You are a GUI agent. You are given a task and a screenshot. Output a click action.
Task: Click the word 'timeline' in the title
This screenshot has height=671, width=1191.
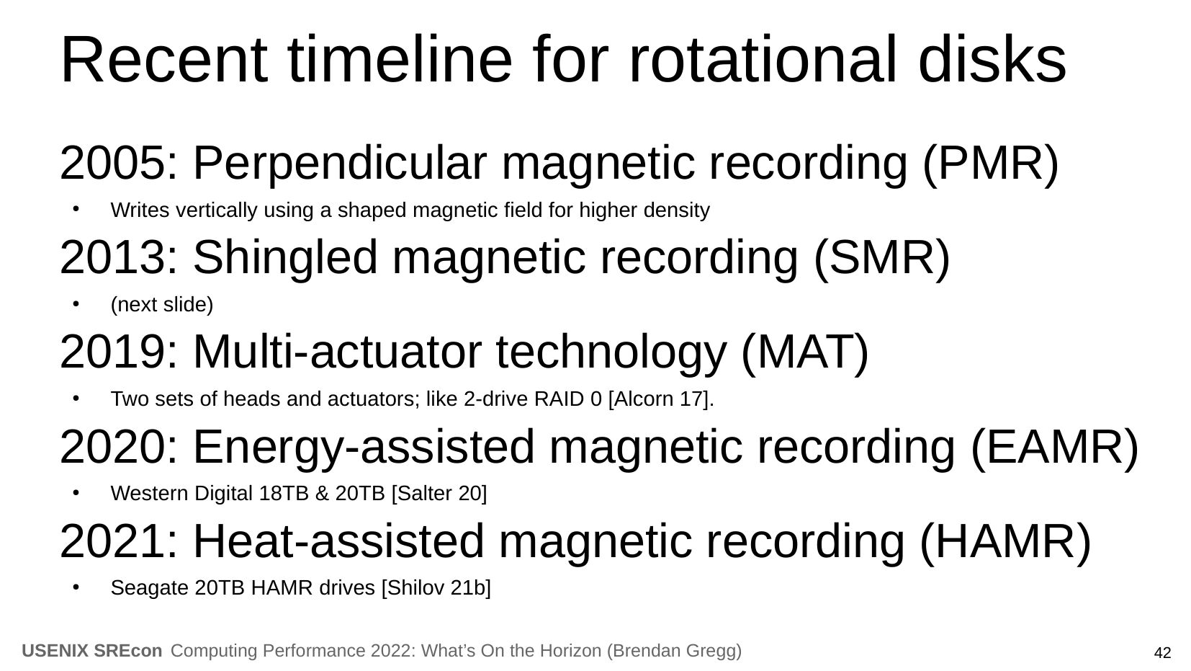[x=400, y=60]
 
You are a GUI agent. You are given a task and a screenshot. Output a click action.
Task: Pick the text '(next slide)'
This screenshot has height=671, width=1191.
[x=162, y=305]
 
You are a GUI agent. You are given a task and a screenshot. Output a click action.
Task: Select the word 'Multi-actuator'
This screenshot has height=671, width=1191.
[x=338, y=352]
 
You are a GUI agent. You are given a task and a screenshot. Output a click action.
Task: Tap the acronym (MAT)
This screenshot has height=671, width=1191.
[x=805, y=353]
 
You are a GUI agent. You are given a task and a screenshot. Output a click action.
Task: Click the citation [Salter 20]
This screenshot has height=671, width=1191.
[x=439, y=494]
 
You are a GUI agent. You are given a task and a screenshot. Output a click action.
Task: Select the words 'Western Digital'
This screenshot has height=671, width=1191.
[x=181, y=494]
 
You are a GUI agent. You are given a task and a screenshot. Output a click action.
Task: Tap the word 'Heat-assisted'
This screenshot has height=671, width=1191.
[x=338, y=542]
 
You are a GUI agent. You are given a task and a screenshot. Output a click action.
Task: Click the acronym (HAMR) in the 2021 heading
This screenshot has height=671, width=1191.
[x=1005, y=542]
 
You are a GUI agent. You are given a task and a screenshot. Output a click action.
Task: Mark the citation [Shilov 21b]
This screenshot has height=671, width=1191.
[x=436, y=588]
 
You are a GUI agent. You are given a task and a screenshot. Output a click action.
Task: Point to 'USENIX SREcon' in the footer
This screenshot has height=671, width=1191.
[x=92, y=651]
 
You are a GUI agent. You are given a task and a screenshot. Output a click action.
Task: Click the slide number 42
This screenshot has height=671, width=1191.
[x=1162, y=653]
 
